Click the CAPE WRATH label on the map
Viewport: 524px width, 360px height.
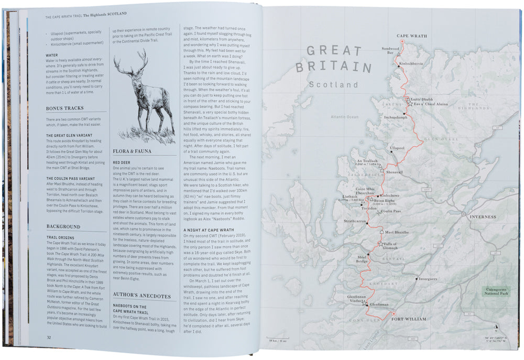[411, 36]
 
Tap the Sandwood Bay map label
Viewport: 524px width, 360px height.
[390, 50]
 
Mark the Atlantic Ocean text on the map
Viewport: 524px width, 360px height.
[345, 117]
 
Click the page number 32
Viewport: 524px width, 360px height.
[49, 337]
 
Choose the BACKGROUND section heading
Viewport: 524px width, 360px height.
[63, 227]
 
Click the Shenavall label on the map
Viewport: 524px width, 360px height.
[394, 172]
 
